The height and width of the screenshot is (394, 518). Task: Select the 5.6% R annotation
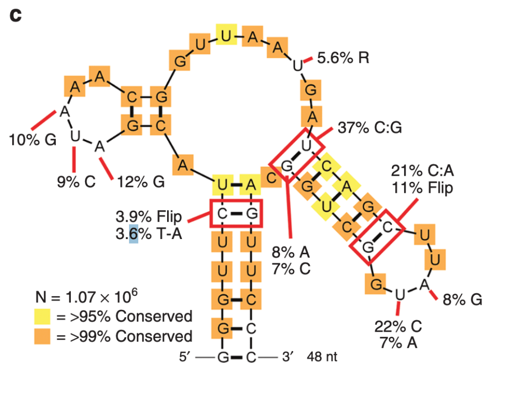[x=343, y=58]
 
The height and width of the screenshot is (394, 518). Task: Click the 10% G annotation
[x=32, y=140]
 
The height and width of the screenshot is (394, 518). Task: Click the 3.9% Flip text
[x=148, y=217]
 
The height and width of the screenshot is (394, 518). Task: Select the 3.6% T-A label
[x=148, y=235]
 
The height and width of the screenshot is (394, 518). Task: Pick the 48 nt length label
[x=322, y=357]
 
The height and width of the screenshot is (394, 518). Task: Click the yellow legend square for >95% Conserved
[x=44, y=317]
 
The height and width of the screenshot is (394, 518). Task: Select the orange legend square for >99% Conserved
[x=44, y=336]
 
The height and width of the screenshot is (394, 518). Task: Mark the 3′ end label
[x=287, y=357]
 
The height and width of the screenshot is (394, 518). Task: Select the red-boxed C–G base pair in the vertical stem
[x=236, y=213]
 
